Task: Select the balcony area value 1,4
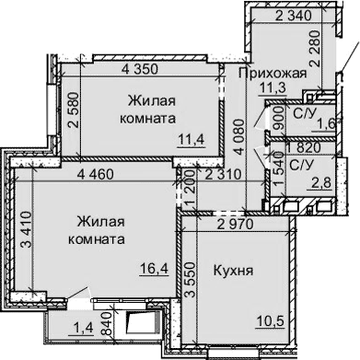click(84, 327)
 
